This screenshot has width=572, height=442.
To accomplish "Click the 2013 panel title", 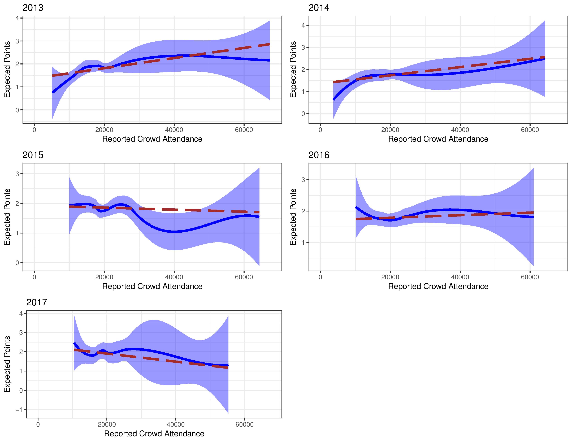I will pos(33,8).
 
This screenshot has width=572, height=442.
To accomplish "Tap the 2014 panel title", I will pos(319,8).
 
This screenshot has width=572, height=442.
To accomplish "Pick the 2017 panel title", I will pos(37,302).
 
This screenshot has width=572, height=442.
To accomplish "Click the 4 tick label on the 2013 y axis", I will pos(17,18).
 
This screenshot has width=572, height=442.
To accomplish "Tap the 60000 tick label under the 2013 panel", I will pos(244,130).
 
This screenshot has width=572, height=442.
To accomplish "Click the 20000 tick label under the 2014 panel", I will pos(390,130).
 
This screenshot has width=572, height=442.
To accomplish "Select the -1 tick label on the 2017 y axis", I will pos(19,410).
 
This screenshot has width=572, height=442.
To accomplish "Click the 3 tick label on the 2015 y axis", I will pos(17,174).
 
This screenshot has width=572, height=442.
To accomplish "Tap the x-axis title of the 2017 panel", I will pos(154,434).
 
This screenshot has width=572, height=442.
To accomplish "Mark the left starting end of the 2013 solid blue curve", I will pos(53,92).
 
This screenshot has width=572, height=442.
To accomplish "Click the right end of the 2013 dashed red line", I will pos(270,44).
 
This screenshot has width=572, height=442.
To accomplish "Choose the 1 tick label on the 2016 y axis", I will pos(303,242).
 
